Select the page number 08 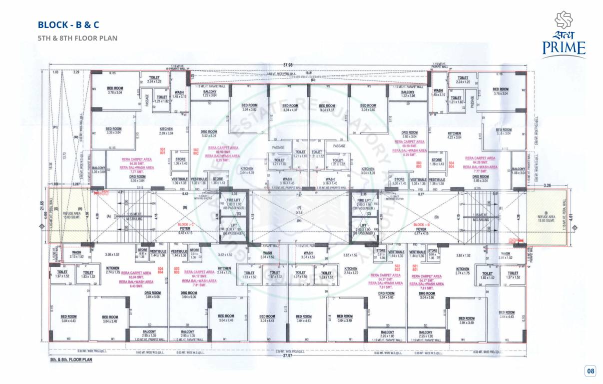coord(591,371)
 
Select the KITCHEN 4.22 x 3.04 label coord(454,135)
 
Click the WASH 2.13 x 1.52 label coord(76,254)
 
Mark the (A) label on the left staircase coord(108,216)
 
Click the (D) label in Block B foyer coord(437,216)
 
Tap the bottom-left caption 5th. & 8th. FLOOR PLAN coord(70,359)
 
